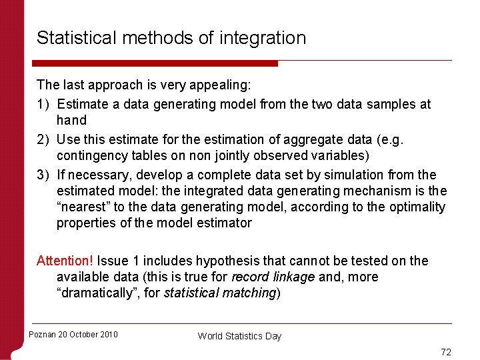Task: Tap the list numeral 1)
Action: point(43,104)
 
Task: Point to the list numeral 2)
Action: point(43,139)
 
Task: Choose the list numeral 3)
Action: point(43,175)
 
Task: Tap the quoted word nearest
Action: point(83,207)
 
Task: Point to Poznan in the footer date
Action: point(42,335)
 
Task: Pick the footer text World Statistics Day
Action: point(239,336)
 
